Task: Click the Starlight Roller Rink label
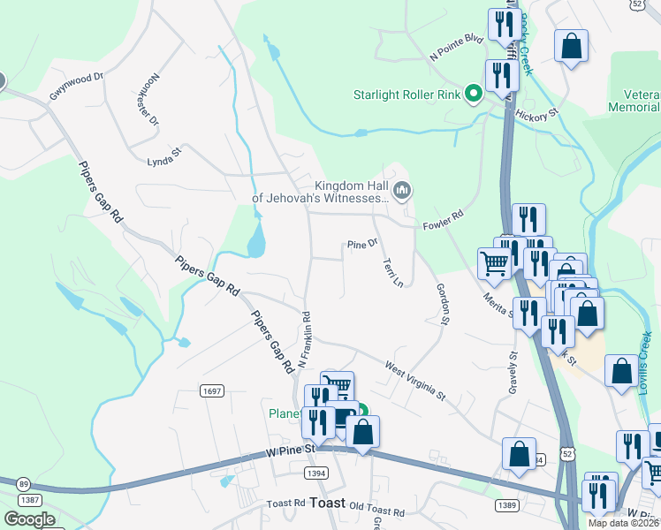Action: tap(408, 95)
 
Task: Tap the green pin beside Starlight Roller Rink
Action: tap(474, 92)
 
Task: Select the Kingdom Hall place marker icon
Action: tap(402, 189)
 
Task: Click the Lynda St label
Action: tap(163, 156)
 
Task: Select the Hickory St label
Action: tap(538, 114)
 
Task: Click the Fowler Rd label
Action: tap(443, 218)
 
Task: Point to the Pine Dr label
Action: tap(362, 244)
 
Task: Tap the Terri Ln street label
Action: tap(392, 272)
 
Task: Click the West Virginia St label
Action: tap(415, 378)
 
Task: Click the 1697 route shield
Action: tap(212, 390)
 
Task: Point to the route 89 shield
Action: tap(24, 483)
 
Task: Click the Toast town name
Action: tap(327, 502)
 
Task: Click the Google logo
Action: tap(29, 519)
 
